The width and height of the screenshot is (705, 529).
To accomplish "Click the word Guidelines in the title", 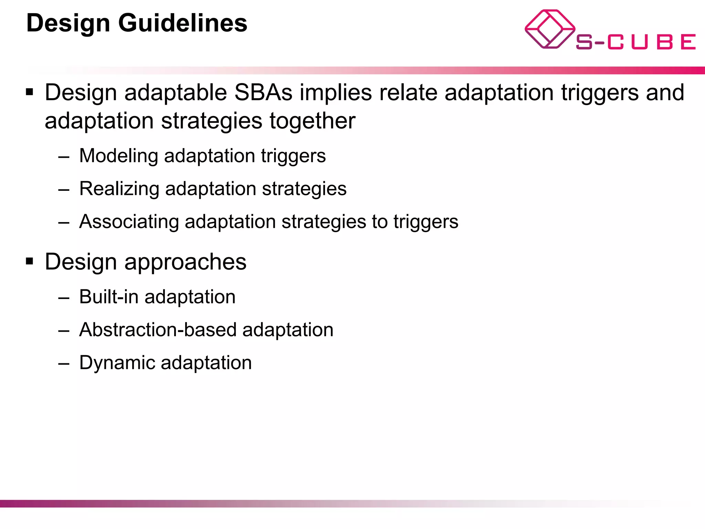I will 183,23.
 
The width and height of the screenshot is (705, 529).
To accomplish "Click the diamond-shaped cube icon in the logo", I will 549,29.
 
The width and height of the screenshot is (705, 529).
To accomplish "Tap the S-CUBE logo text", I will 635,42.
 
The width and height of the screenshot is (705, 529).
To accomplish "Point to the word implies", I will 336,93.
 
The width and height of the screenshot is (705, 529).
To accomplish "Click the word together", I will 312,121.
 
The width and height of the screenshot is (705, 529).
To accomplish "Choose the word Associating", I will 129,221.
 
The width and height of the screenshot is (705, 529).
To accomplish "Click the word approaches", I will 185,262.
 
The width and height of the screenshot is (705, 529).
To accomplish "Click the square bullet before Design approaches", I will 30,261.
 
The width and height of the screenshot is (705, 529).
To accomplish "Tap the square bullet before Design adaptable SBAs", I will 30,92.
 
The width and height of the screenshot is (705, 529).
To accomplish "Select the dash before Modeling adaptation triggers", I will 64,156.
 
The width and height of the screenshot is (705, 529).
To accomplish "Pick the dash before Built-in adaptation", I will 64,297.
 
